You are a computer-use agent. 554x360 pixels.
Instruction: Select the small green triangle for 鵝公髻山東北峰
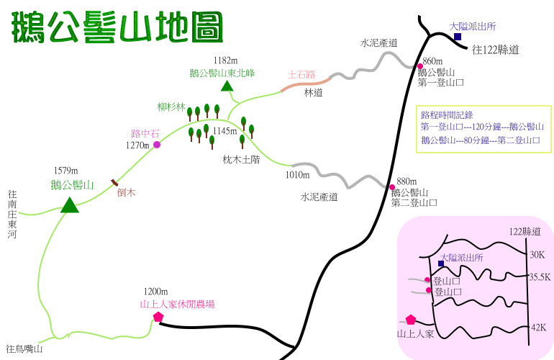click(x=227, y=86)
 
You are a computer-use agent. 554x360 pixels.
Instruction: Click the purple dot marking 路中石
click(x=157, y=145)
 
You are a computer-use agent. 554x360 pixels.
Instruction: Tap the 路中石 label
click(x=145, y=133)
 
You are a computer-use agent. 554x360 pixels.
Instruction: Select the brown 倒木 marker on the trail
click(x=114, y=183)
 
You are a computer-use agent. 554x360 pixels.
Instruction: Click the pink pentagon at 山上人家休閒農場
click(x=158, y=317)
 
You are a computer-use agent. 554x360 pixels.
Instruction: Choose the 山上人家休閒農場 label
click(x=177, y=305)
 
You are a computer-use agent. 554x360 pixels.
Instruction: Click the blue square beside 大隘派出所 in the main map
click(x=457, y=37)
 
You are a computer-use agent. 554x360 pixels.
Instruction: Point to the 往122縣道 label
click(x=496, y=50)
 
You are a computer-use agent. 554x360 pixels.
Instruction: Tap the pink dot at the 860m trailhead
click(x=420, y=67)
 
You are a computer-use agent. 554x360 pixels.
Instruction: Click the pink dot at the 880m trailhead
click(x=392, y=186)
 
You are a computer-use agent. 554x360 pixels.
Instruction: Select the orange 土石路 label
click(x=301, y=74)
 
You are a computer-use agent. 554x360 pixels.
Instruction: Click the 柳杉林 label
click(x=171, y=107)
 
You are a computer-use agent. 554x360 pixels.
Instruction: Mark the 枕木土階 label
click(x=241, y=161)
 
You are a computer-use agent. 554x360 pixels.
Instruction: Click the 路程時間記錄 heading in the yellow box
click(x=442, y=114)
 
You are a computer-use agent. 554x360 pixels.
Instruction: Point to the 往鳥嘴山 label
click(x=24, y=349)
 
